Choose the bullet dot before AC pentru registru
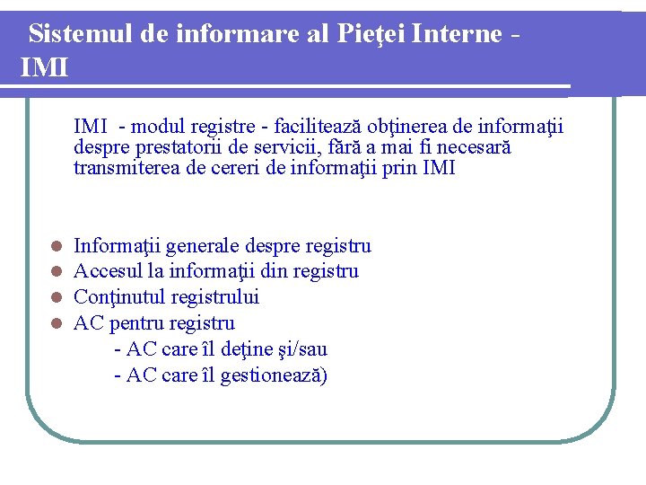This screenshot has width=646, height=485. [x=56, y=323]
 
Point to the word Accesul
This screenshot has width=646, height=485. [x=109, y=271]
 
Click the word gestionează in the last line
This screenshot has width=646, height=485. [x=273, y=375]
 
